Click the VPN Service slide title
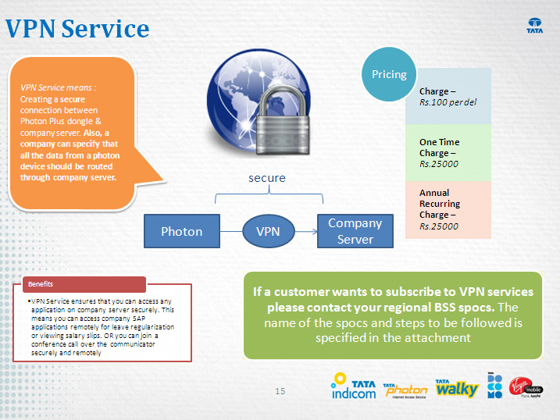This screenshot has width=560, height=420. [x=77, y=30]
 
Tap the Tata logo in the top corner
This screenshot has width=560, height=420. [x=535, y=26]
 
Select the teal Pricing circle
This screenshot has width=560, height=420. [x=389, y=75]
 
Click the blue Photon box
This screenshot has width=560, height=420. [x=181, y=231]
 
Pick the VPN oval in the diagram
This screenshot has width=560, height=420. [x=268, y=231]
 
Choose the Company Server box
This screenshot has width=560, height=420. [x=355, y=231]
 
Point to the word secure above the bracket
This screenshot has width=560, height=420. [x=267, y=178]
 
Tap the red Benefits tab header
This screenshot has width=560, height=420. [x=84, y=284]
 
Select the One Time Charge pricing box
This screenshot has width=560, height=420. [x=448, y=153]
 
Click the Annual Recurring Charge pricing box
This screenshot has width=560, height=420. [x=448, y=209]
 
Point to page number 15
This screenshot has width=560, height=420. [x=280, y=390]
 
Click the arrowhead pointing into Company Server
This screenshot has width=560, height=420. [x=313, y=231]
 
